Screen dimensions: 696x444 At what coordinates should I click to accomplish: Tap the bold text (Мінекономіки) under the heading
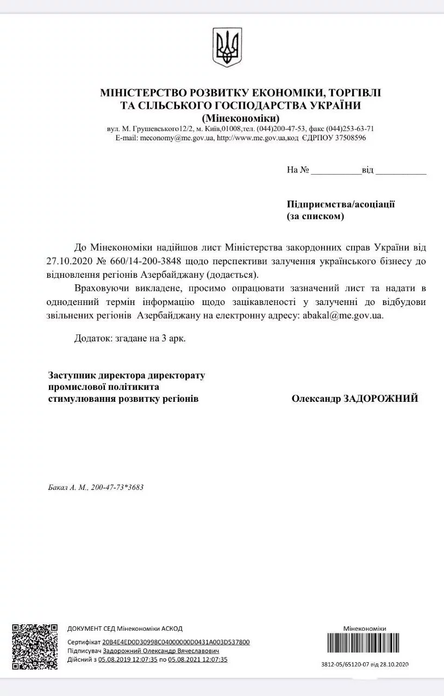241,117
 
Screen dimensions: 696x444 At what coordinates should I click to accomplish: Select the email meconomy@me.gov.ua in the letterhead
176,138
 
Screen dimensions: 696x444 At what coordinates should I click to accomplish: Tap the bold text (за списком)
316,216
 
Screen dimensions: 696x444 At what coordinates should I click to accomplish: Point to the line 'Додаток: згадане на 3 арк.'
130,338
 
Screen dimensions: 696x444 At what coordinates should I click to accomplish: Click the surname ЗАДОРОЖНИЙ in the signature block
380,399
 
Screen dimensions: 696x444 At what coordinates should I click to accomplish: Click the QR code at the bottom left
35,647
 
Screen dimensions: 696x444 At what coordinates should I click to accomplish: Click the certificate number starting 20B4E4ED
172,642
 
